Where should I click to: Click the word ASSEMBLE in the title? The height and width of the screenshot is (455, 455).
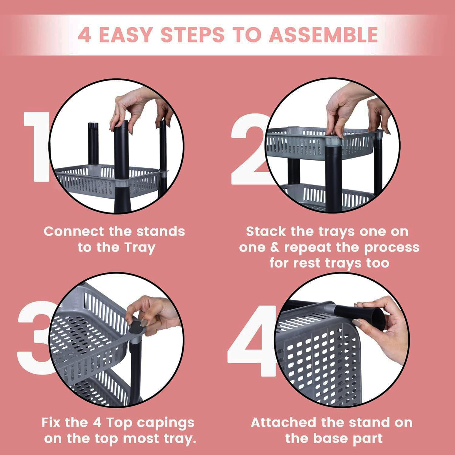coord(323,35)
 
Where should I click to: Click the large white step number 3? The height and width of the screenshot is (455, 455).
coord(33,340)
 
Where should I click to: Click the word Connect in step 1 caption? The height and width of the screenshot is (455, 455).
coord(74,232)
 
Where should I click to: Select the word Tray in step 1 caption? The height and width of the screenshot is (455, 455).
coord(140,248)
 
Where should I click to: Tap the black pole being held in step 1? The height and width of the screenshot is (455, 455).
coord(121,152)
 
